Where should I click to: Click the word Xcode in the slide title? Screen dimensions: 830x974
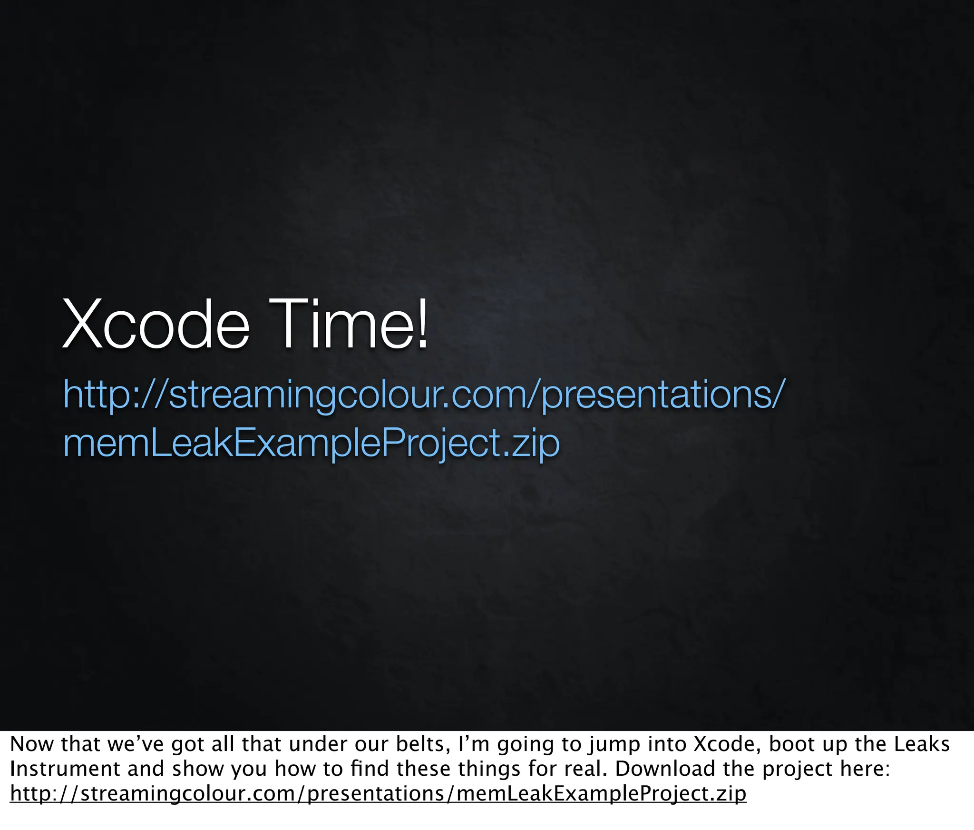156,324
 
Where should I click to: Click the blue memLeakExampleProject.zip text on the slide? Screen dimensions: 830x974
312,443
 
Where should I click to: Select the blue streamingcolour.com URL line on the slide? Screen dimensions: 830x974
422,394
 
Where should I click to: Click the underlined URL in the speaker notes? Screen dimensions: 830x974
378,793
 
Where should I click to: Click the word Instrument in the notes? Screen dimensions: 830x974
64,769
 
